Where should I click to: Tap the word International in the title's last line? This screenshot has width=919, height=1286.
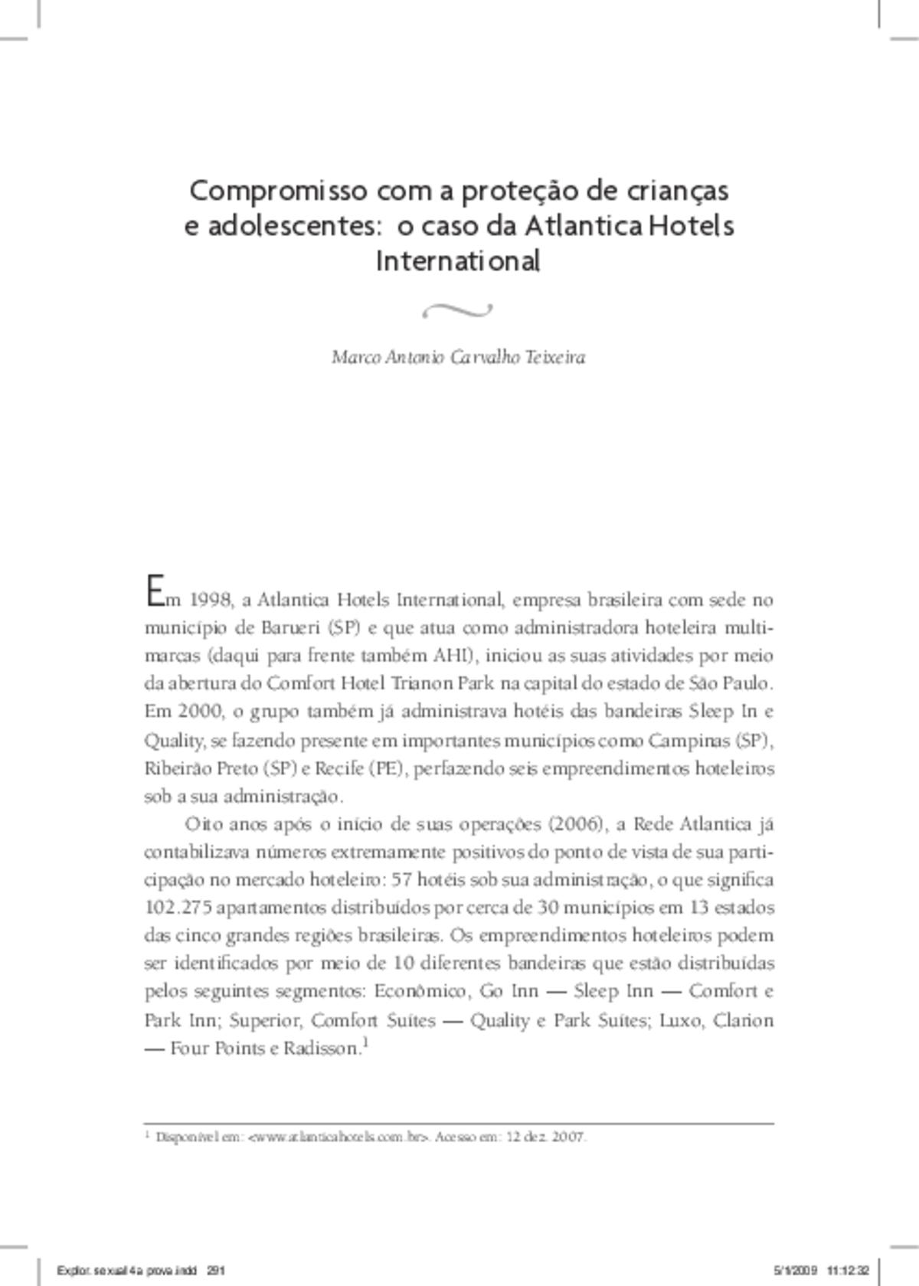pos(459,261)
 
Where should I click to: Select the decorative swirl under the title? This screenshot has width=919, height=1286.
pos(457,310)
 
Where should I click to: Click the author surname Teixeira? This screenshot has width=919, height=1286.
pos(556,358)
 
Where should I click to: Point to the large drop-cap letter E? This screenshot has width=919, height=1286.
pos(153,592)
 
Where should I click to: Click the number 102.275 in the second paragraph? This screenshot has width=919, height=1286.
pos(178,908)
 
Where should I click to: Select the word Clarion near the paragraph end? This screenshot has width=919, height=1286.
pos(742,1020)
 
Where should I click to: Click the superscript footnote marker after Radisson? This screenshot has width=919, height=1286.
pos(366,1042)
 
